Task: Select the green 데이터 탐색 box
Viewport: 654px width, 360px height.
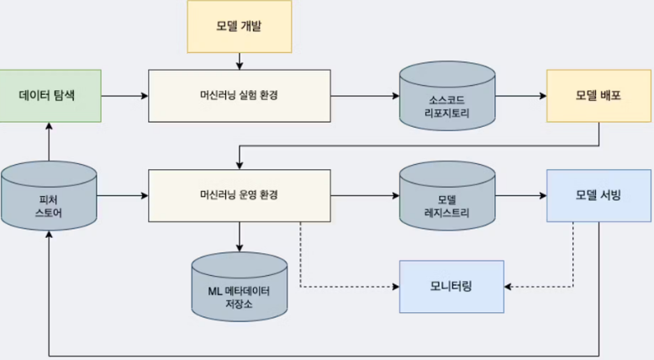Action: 50,95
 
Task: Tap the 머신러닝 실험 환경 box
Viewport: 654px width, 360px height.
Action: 239,95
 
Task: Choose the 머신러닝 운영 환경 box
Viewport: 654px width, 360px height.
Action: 239,195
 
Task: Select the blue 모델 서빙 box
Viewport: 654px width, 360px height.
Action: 599,195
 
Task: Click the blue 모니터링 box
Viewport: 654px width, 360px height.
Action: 451,286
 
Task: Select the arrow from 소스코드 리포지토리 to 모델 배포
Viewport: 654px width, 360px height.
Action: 521,95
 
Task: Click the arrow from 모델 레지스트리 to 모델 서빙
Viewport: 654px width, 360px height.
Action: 521,195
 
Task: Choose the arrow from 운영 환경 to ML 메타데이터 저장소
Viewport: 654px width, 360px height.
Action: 240,237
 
